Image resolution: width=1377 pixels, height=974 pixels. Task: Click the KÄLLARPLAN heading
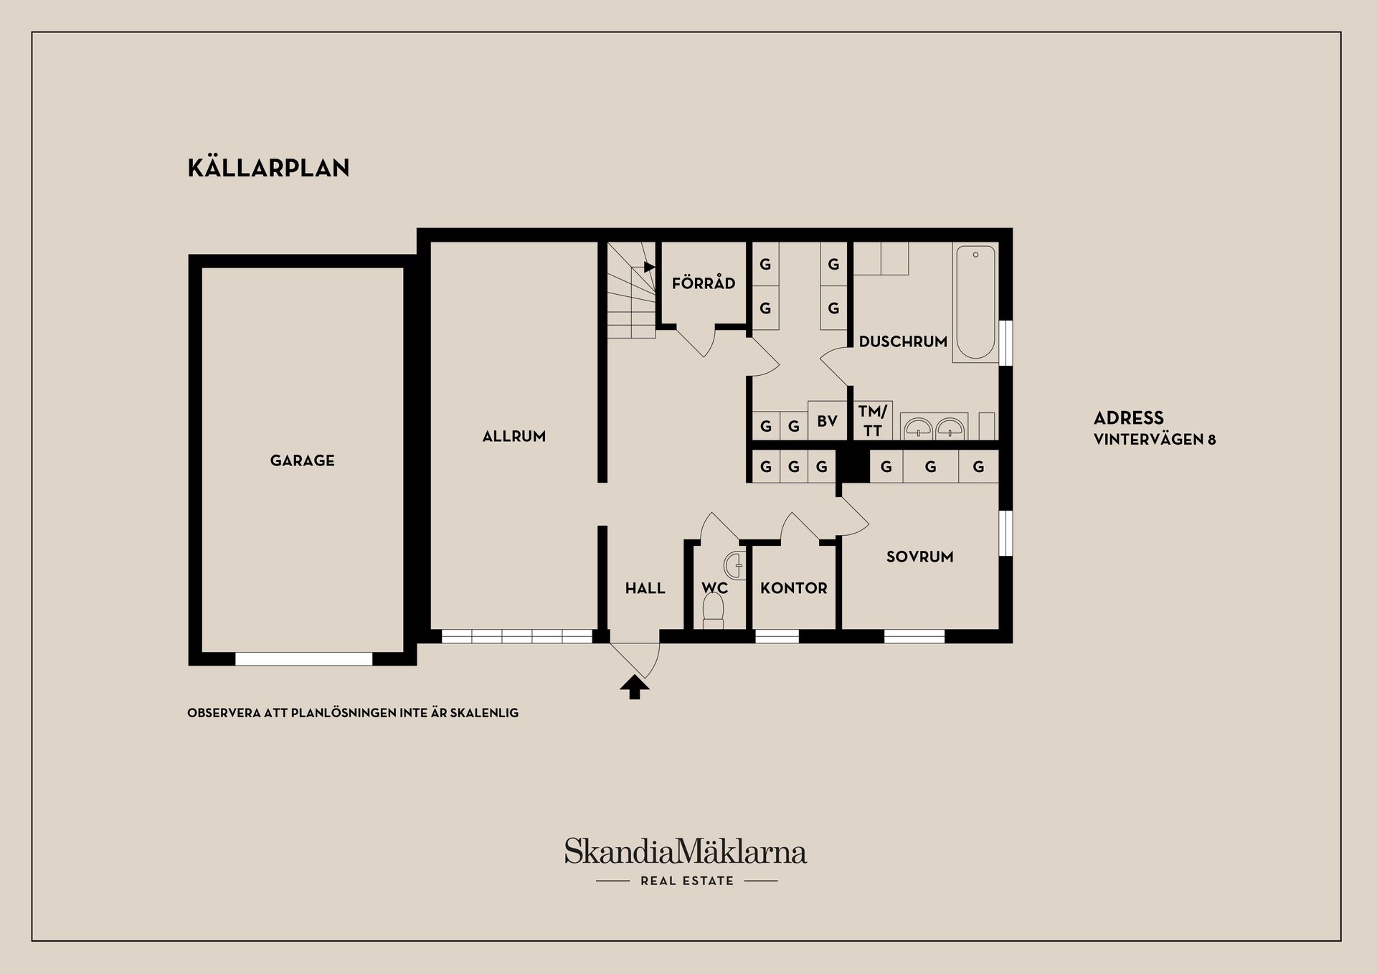pos(268,168)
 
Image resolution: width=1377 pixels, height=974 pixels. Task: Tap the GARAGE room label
pos(302,460)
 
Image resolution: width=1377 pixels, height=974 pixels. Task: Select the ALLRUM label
pos(514,436)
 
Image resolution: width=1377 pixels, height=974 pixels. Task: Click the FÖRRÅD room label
pos(703,283)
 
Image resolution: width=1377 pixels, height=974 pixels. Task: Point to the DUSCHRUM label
pos(902,341)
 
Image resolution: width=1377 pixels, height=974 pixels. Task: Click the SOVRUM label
pos(919,557)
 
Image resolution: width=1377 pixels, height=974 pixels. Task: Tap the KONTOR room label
pos(793,588)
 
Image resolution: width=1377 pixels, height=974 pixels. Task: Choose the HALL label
pos(645,588)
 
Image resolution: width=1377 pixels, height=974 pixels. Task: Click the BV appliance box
pos(827,421)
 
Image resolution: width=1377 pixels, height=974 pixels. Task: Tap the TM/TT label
pos(872,421)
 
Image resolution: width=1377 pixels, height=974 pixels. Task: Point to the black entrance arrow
pos(634,687)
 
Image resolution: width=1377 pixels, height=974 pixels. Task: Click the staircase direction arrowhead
pos(649,267)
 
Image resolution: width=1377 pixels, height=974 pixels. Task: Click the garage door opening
pos(303,658)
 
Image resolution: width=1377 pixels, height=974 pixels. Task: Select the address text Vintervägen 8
pos(1154,440)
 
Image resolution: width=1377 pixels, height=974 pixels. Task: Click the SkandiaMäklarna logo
pos(685,851)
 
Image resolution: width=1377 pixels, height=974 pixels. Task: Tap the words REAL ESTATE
pos(686,881)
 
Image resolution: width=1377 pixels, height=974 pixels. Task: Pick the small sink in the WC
pos(735,565)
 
